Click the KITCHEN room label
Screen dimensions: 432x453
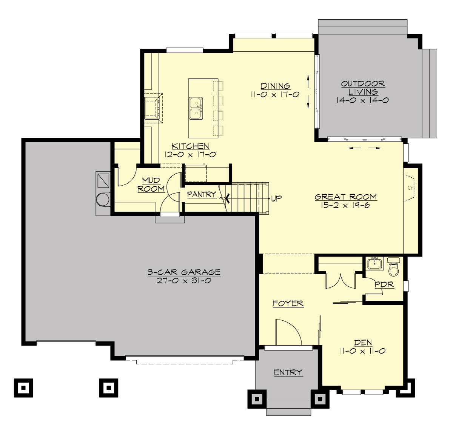tap(190, 146)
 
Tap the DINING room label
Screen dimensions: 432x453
tap(275, 86)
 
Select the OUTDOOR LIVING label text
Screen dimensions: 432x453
tap(363, 88)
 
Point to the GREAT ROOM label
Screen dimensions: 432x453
tap(345, 197)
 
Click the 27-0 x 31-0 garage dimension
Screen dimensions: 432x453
tap(184, 281)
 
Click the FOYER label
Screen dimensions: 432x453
tap(288, 303)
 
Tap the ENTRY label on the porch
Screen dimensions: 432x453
tap(288, 372)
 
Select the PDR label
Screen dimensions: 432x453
tap(384, 284)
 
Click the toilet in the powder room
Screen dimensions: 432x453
tap(394, 268)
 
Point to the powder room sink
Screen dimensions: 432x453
tap(375, 263)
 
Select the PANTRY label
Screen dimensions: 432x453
tap(202, 194)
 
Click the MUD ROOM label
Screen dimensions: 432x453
tap(151, 184)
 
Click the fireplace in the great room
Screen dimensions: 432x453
tap(410, 187)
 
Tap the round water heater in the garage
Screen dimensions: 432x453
tap(103, 199)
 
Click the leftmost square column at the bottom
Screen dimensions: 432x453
tap(23, 387)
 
